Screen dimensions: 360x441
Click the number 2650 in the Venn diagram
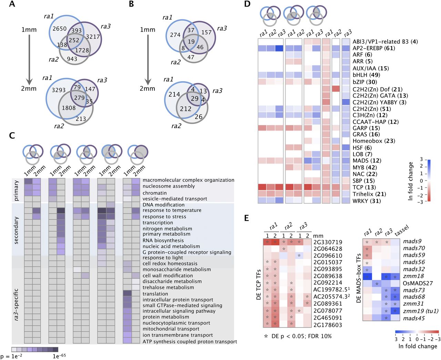[60, 29]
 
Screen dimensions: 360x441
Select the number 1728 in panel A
[82, 50]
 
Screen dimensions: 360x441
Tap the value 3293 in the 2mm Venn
[59, 90]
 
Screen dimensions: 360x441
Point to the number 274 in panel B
[175, 35]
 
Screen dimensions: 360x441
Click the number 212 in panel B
[185, 109]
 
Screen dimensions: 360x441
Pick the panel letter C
[12, 135]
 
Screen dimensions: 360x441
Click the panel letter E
[246, 218]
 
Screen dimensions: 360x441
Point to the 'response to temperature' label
[172, 210]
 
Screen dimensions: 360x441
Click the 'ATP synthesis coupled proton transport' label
[190, 341]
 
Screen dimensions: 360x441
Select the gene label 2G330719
[328, 242]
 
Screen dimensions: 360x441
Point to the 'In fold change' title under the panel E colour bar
[418, 346]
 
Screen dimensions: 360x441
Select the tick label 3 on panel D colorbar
[421, 159]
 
